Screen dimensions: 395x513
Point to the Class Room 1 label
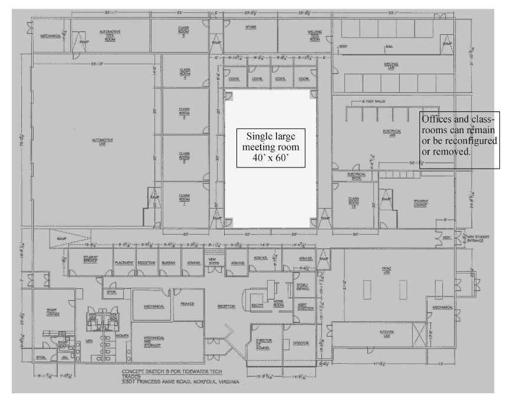tap(184, 200)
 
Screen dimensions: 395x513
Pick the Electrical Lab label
tap(392, 133)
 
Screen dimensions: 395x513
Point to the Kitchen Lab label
tap(386, 335)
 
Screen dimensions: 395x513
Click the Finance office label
tap(188, 304)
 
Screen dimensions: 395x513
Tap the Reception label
tap(226, 307)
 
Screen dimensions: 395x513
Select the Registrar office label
tap(146, 263)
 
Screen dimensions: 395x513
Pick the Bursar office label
tap(169, 263)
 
